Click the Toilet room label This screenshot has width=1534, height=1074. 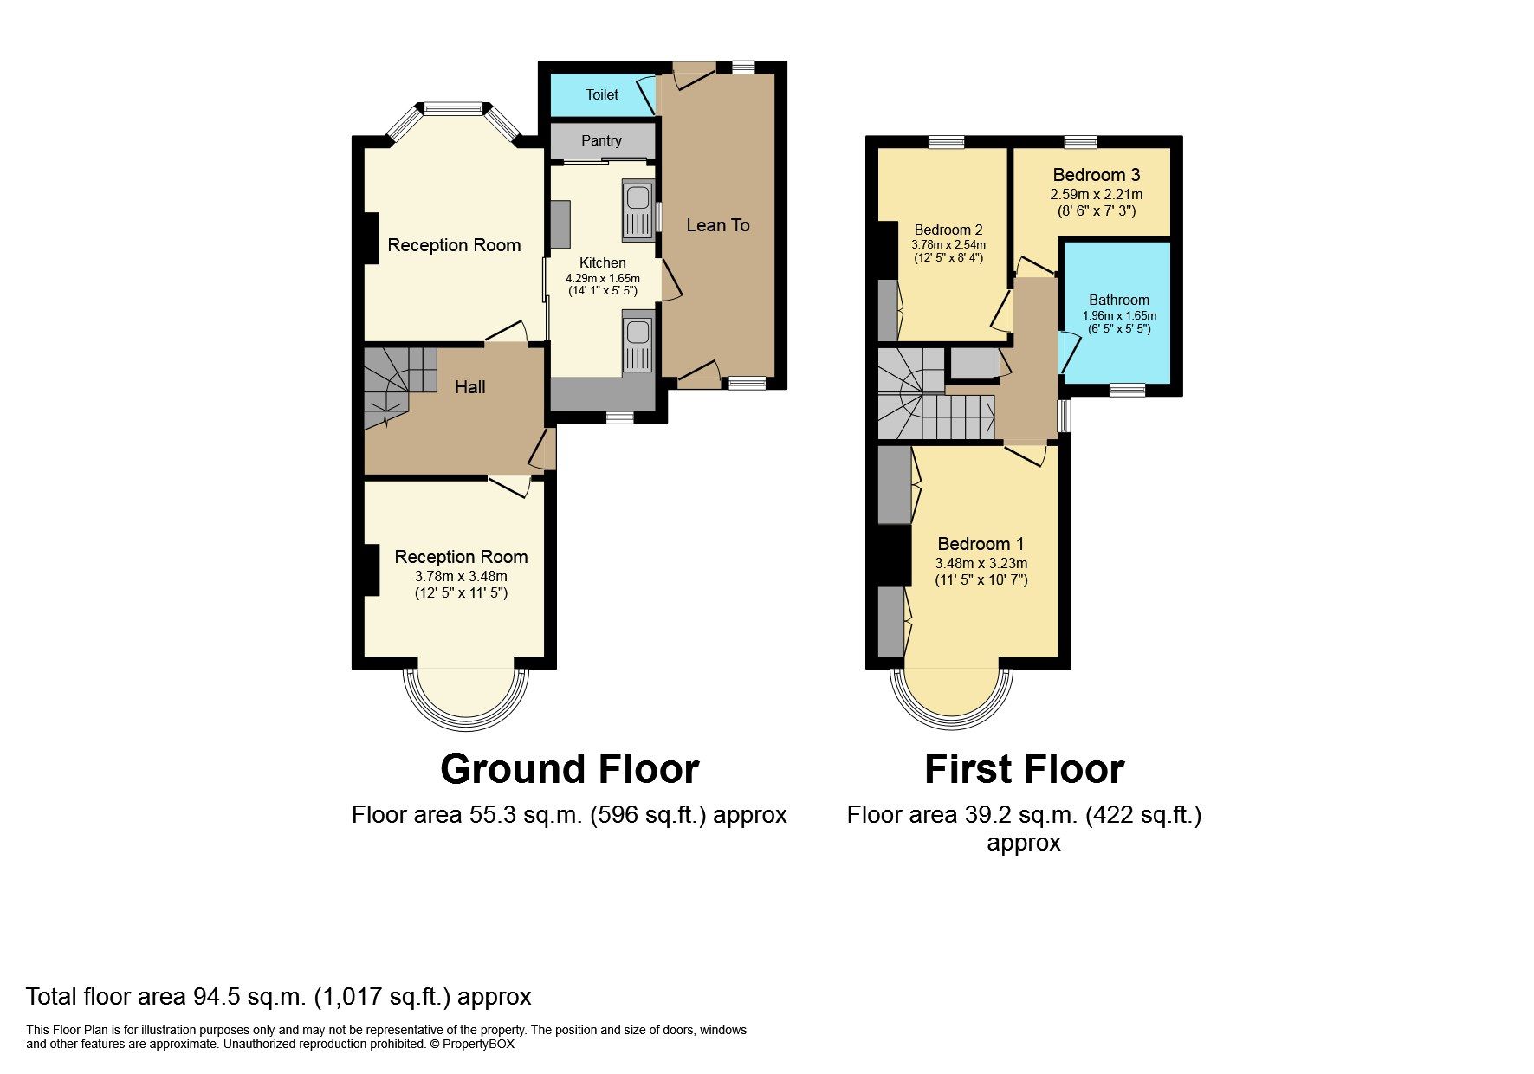(x=601, y=94)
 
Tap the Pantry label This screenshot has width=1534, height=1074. (x=601, y=140)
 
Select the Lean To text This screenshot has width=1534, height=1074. (x=717, y=225)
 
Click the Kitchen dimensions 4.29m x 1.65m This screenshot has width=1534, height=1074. (x=602, y=278)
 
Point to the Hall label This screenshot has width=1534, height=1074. (x=469, y=387)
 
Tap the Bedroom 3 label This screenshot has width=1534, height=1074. (x=1096, y=175)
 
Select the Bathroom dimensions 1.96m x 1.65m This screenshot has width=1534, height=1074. (x=1119, y=315)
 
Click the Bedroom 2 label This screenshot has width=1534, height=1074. (x=948, y=230)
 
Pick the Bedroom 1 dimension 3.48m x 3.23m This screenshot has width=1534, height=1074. (x=981, y=563)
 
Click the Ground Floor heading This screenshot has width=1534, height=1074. (x=569, y=769)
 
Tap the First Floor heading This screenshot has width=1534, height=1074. (x=1024, y=769)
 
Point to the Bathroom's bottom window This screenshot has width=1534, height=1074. (x=1126, y=391)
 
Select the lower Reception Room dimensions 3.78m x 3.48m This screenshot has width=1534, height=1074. (x=461, y=576)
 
